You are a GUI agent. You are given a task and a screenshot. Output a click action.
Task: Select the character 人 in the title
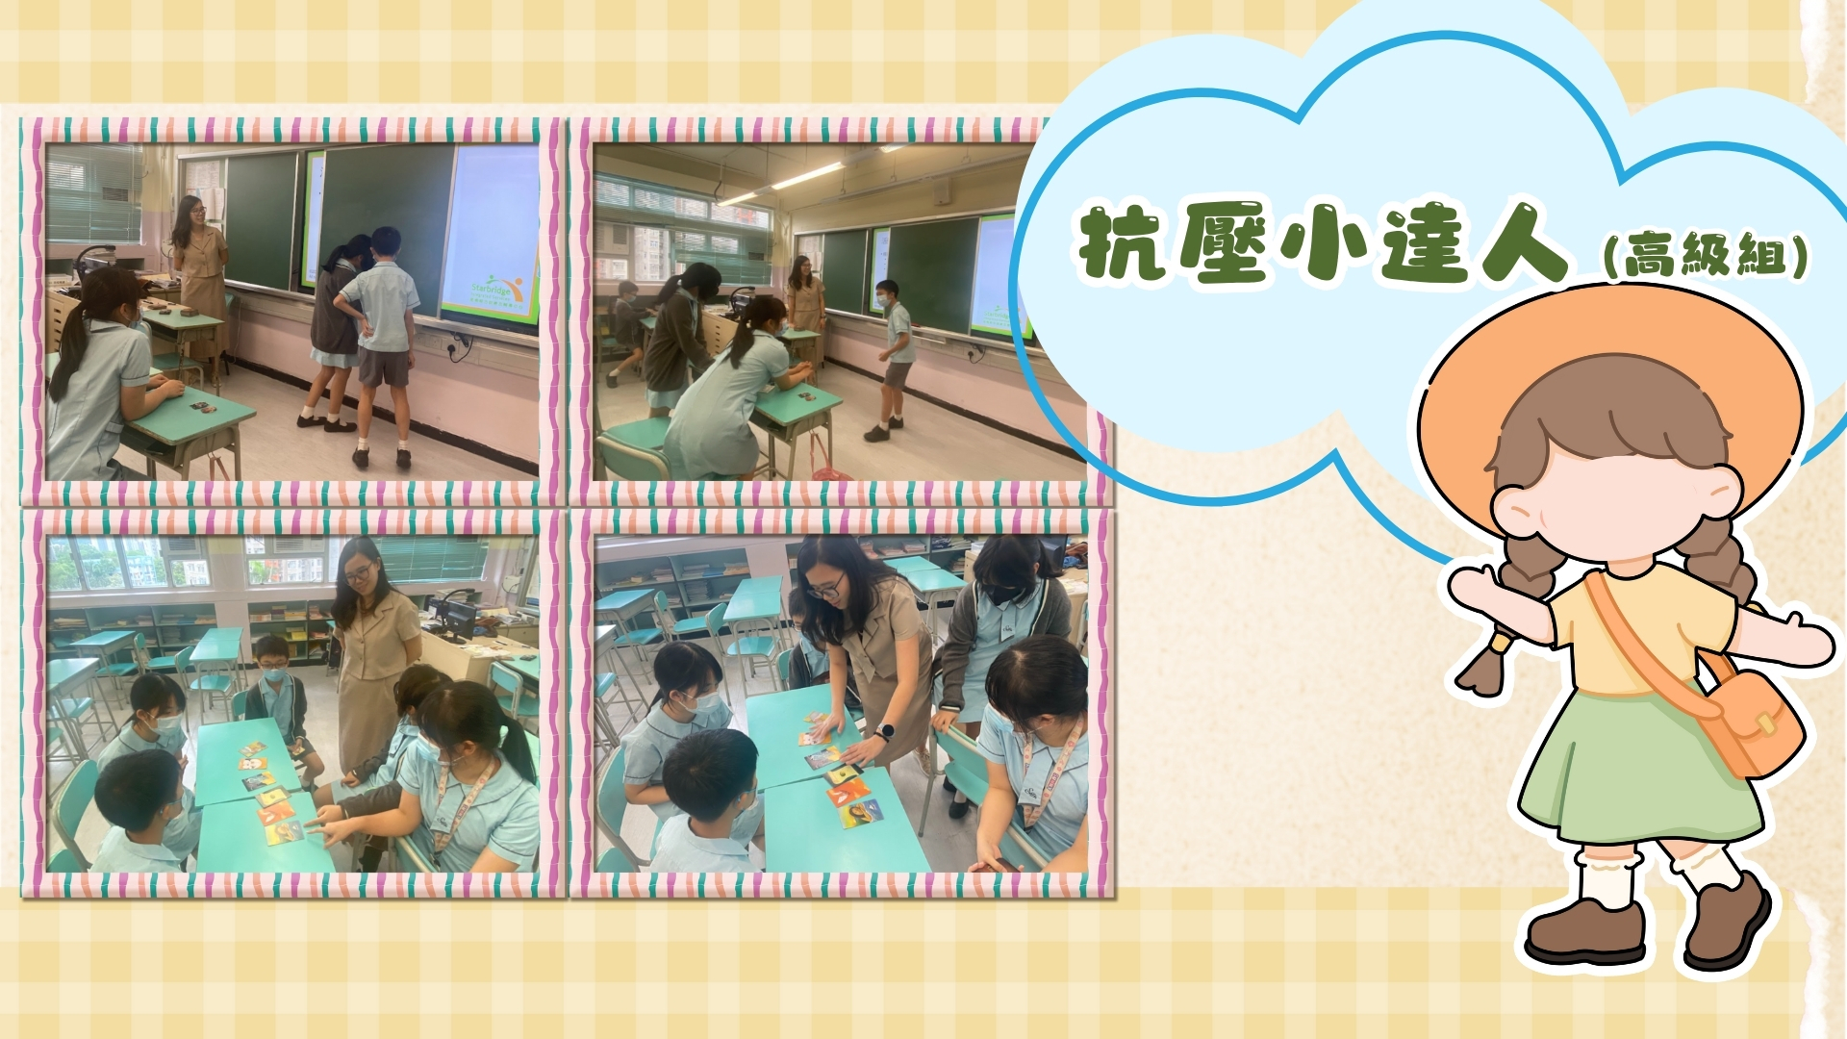[1521, 245]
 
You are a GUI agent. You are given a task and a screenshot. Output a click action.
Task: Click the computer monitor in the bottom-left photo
[451, 617]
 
